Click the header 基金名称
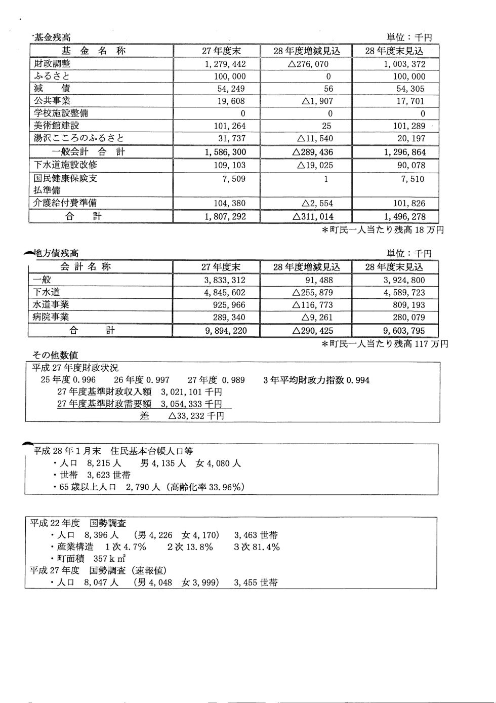tap(94, 51)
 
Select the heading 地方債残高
tap(56, 253)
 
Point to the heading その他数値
tap(55, 356)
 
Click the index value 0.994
tap(358, 380)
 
